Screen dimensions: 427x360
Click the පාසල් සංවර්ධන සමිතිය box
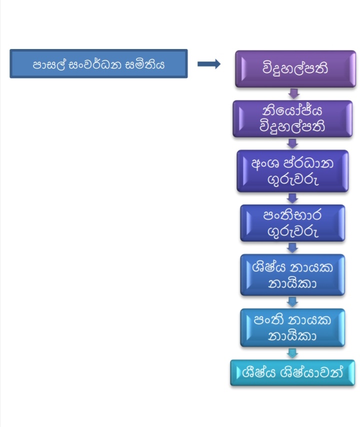[x=98, y=63]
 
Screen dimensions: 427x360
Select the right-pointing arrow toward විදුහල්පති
[x=209, y=63]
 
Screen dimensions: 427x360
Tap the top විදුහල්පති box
[x=295, y=68]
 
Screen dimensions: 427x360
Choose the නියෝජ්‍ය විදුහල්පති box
[x=292, y=118]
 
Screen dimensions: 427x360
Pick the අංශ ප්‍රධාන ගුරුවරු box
[x=292, y=171]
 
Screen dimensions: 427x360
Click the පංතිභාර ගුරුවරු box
[x=292, y=223]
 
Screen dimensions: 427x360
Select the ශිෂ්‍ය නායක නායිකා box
[x=292, y=274]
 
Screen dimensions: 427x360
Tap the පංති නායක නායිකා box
[x=292, y=327]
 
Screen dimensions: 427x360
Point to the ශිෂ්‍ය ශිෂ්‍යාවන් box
[x=292, y=372]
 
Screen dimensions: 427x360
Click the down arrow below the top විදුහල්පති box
[x=294, y=93]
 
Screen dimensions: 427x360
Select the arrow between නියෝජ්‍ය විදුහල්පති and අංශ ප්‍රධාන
[x=293, y=143]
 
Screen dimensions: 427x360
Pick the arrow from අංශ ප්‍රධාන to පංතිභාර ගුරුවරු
[x=293, y=198]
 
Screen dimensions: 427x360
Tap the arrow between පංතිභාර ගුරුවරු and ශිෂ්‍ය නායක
[x=293, y=248]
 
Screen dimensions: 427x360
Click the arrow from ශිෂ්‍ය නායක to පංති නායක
[x=293, y=301]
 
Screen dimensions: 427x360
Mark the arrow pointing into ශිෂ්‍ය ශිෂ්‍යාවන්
[x=293, y=353]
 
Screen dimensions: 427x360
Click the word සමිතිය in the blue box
[x=145, y=64]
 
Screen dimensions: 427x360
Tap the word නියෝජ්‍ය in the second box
[x=292, y=111]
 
